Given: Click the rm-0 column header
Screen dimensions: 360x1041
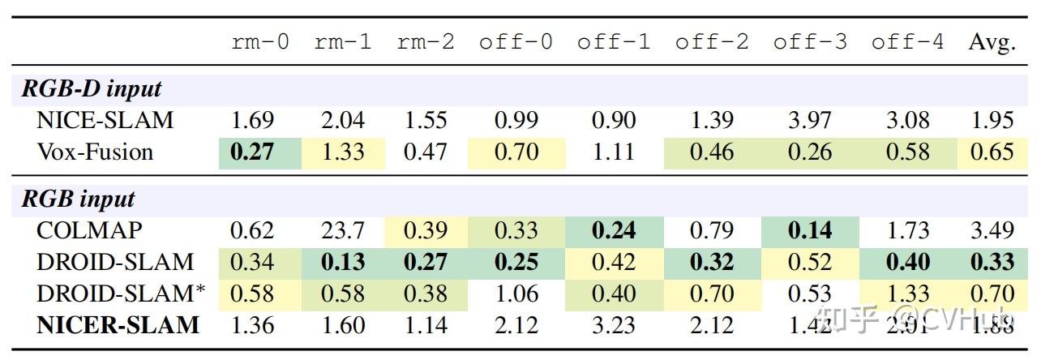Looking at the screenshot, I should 259,42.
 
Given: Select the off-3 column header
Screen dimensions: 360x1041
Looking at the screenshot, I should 809,42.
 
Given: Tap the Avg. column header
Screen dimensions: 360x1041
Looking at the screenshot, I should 992,42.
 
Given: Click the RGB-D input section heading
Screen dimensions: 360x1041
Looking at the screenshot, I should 91,89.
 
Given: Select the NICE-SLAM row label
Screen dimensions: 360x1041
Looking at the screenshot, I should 105,121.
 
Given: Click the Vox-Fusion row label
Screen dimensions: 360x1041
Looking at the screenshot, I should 95,152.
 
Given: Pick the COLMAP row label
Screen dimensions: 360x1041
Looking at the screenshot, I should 89,231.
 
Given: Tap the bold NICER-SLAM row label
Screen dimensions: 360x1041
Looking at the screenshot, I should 118,325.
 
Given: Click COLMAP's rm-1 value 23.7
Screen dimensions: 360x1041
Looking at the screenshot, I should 342,231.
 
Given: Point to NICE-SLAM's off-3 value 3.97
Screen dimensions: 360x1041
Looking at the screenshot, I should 809,121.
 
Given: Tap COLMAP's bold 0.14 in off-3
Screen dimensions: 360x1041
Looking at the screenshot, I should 810,231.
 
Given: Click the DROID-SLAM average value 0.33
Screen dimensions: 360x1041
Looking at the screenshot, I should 992,262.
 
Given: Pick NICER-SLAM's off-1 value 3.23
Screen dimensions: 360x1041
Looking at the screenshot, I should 613,325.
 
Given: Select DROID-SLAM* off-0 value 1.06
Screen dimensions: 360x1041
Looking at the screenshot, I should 516,294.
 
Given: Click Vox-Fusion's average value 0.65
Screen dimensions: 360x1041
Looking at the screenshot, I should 992,152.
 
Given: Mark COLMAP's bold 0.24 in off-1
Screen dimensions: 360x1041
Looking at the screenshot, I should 613,231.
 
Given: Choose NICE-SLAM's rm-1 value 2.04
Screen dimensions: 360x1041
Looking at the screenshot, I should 342,121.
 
